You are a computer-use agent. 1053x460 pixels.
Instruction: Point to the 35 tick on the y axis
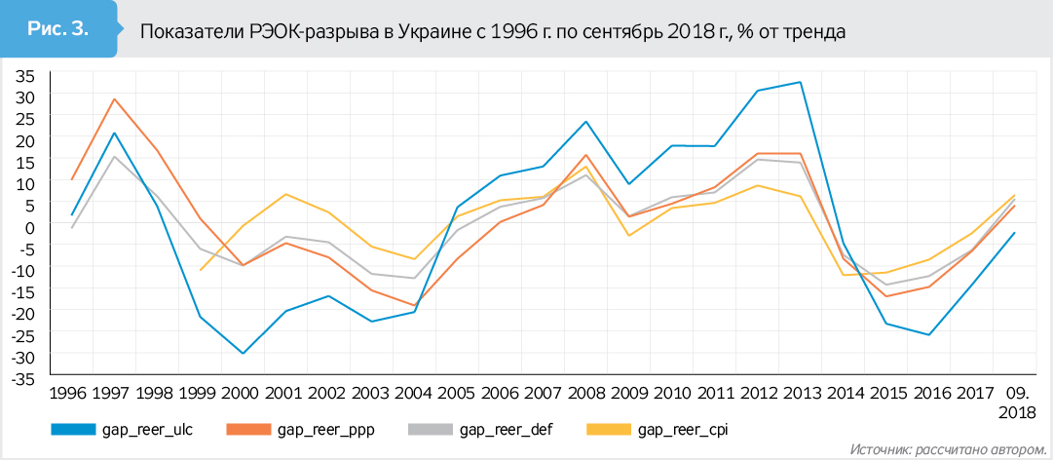tap(22, 75)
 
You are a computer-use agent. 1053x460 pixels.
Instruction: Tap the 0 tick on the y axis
tap(28, 225)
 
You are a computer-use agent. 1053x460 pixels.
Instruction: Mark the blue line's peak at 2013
tap(801, 82)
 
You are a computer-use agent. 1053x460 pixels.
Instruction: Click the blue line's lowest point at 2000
tap(244, 354)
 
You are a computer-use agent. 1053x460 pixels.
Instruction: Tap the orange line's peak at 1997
tap(115, 98)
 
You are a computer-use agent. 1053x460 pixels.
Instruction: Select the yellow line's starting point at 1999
tap(201, 270)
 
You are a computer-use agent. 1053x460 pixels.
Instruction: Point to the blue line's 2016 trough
tap(930, 335)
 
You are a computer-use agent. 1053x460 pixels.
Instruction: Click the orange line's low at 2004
tap(414, 306)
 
